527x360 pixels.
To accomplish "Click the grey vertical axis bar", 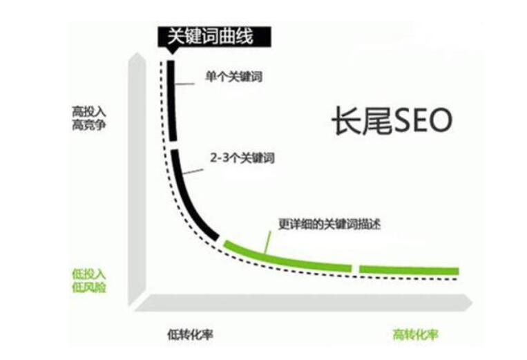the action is [137, 180].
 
